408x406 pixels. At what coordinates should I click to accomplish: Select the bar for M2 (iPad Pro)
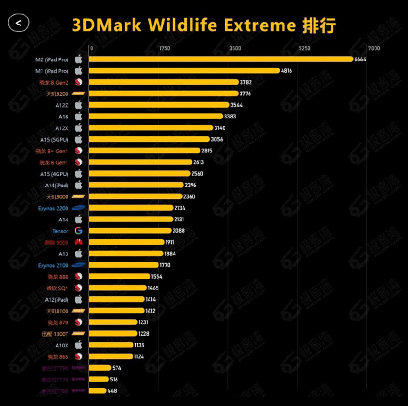(x=221, y=59)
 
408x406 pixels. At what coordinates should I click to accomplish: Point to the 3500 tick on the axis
(x=235, y=48)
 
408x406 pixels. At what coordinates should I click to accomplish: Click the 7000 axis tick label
(x=374, y=48)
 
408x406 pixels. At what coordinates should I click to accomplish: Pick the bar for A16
(x=156, y=116)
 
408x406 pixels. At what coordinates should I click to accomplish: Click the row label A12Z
(x=62, y=105)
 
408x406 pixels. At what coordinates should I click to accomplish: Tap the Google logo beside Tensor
(x=78, y=231)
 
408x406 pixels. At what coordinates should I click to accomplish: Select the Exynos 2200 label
(x=54, y=208)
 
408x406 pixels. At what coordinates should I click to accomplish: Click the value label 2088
(x=179, y=231)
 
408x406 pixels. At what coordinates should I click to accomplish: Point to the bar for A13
(x=126, y=254)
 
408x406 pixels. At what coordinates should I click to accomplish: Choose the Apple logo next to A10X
(x=78, y=345)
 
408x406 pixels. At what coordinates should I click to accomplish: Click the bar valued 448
(x=98, y=390)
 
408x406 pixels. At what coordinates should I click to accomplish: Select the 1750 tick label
(x=165, y=48)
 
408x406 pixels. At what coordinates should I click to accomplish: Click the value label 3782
(x=246, y=82)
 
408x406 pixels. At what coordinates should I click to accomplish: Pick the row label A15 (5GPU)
(x=54, y=139)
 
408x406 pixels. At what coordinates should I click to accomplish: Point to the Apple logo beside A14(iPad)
(x=78, y=185)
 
